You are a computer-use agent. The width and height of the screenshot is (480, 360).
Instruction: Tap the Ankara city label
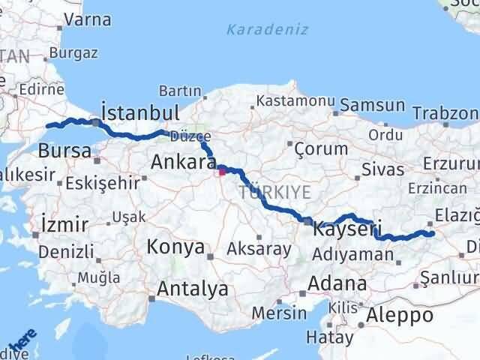pyautogui.click(x=183, y=160)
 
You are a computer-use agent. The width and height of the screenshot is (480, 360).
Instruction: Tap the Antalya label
pyautogui.click(x=193, y=287)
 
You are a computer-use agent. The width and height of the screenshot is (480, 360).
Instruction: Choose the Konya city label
pyautogui.click(x=175, y=247)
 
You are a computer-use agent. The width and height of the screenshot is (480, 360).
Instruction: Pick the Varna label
pyautogui.click(x=89, y=20)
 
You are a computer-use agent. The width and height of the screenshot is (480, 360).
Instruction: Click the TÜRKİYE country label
pyautogui.click(x=274, y=193)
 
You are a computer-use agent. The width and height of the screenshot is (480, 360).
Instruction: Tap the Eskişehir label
pyautogui.click(x=102, y=182)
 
